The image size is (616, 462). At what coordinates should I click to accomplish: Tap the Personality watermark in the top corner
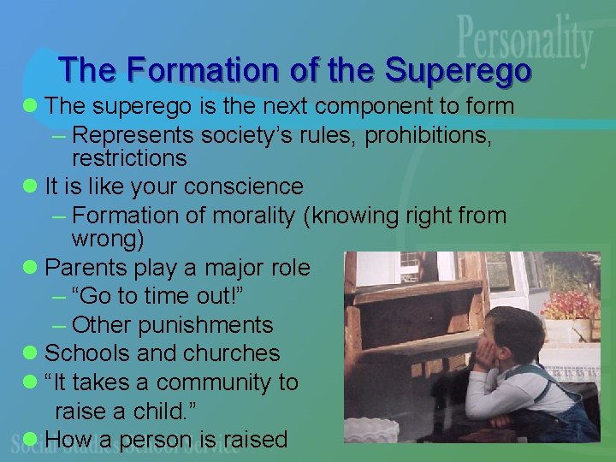click(524, 43)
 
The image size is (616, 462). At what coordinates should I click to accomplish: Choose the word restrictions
click(129, 158)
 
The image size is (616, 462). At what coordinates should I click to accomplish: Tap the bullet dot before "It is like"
click(31, 187)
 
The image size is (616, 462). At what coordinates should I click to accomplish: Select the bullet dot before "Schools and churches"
click(31, 352)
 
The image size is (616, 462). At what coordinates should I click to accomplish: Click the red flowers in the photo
click(572, 305)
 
